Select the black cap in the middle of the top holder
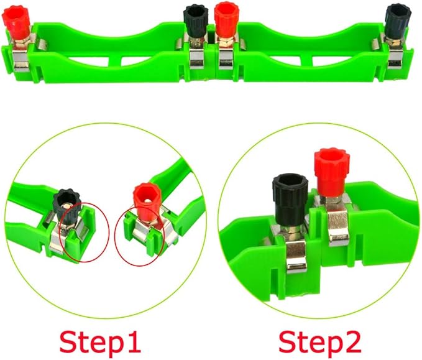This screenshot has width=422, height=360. (x=196, y=21)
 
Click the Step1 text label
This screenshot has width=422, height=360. (x=100, y=341)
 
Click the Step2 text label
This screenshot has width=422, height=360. (x=319, y=341)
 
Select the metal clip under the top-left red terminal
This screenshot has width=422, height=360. (x=21, y=60)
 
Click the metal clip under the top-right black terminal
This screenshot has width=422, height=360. (x=395, y=58)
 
